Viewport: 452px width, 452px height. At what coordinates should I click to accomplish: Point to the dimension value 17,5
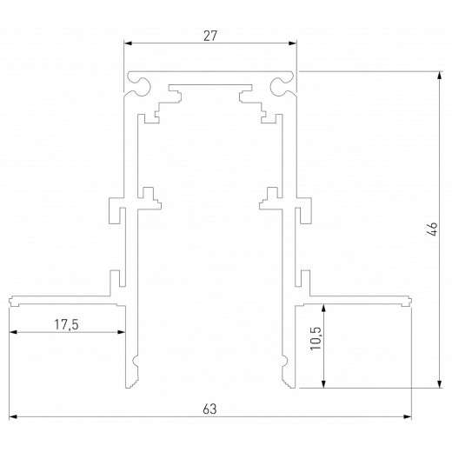coord(64,324)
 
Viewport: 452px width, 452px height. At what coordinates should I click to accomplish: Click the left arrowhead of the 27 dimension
coord(128,43)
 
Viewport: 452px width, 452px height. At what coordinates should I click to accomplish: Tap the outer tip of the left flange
coord(11,302)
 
